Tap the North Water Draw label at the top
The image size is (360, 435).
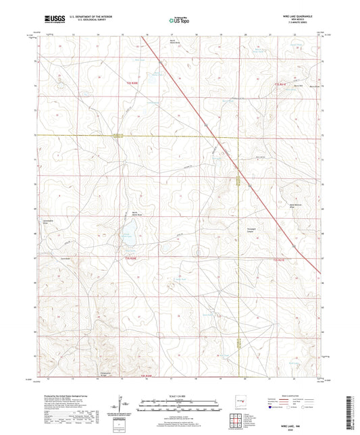[174, 41]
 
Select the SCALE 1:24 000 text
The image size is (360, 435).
[180, 394]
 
